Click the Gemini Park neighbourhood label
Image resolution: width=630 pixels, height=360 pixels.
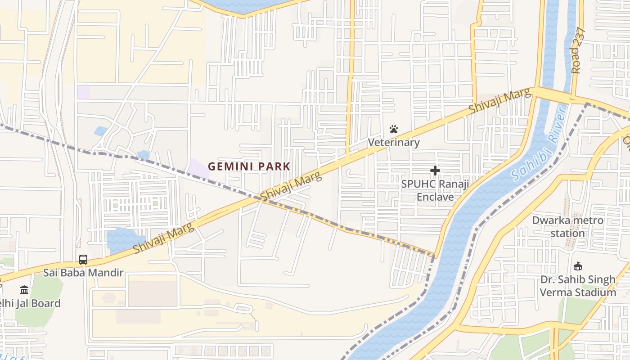coord(249,166)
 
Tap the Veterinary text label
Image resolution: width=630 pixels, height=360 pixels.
coord(394,143)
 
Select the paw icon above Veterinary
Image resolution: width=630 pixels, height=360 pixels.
coord(394,130)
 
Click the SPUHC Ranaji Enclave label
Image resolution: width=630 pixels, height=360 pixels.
coord(435,190)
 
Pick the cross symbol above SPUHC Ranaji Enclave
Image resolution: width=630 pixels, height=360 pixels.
coord(435,171)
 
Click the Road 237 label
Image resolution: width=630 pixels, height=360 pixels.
coord(578,50)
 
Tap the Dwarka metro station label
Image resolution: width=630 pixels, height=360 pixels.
coord(567,227)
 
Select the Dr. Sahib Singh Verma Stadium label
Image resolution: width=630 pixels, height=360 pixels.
coord(578,286)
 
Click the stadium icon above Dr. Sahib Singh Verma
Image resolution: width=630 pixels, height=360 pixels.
coord(578,266)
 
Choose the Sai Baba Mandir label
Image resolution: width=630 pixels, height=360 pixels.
coord(83,272)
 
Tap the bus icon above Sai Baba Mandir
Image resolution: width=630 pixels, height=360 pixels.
coord(83,259)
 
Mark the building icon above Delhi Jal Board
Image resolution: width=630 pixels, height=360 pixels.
coord(24,290)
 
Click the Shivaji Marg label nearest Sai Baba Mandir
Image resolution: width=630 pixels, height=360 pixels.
coord(164,238)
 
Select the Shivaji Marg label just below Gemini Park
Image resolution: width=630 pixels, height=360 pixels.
coord(292,186)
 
